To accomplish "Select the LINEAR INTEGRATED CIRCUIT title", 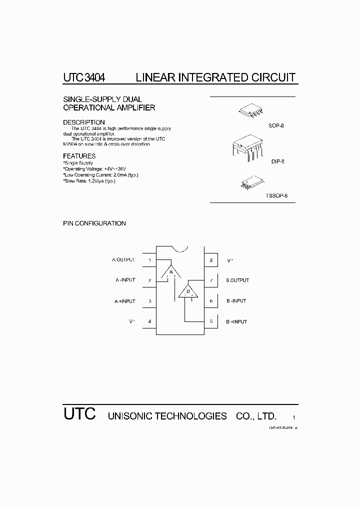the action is coord(215,77).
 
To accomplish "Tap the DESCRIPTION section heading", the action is coord(83,122).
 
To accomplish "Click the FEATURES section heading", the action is coord(79,156).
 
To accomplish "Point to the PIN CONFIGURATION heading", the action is coord(94,223).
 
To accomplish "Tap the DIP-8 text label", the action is coord(277,161).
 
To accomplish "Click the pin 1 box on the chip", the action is coord(150,260).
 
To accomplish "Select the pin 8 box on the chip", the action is coord(211,260).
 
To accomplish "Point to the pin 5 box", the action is coord(211,321).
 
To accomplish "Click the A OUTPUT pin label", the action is coord(123,260).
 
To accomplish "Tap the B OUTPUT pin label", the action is coord(237,280).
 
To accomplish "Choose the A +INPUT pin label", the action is coord(124,301).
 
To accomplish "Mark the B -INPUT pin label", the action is coord(236,301).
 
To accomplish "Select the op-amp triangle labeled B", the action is coord(188,291).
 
